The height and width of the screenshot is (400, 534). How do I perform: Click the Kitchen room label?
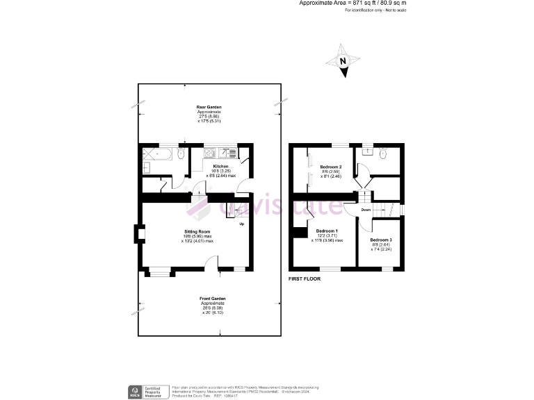pos(221,167)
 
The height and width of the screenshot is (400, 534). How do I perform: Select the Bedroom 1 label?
pos(327,231)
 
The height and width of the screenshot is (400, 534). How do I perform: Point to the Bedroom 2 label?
pos(330,167)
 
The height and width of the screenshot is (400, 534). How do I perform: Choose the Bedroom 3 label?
pos(381,240)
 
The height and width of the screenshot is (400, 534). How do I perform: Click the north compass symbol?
pos(343,60)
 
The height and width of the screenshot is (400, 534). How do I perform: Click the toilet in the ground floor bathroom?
pos(181,154)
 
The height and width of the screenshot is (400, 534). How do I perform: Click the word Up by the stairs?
pos(241,224)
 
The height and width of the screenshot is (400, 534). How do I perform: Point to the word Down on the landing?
pos(366,209)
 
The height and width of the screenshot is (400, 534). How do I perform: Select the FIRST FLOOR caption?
pos(304,278)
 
